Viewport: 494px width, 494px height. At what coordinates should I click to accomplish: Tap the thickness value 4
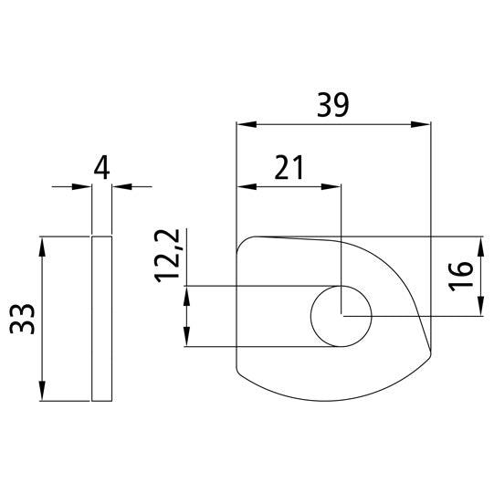[101, 167]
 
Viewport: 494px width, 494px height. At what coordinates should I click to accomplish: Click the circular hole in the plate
[341, 316]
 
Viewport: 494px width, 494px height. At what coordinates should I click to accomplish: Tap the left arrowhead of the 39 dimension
[242, 124]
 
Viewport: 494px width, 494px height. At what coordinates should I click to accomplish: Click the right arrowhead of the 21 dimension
[334, 186]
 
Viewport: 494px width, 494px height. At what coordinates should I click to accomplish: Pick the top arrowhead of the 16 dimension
[480, 243]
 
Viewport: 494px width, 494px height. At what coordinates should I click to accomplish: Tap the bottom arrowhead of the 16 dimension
[480, 310]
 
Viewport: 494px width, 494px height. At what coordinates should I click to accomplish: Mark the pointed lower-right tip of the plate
[427, 354]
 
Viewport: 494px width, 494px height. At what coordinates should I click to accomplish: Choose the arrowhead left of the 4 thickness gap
[86, 187]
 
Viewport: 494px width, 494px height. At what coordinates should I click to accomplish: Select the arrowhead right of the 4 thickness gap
[118, 187]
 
